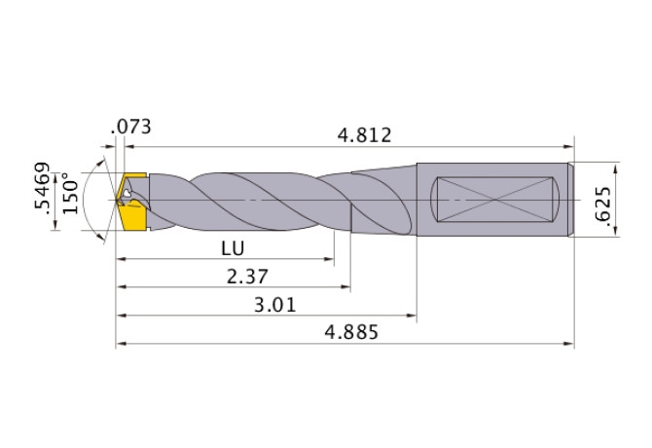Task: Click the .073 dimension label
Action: tap(131, 127)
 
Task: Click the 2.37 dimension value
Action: tap(247, 277)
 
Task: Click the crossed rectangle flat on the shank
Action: tap(494, 199)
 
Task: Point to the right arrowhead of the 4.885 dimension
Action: tap(569, 344)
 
